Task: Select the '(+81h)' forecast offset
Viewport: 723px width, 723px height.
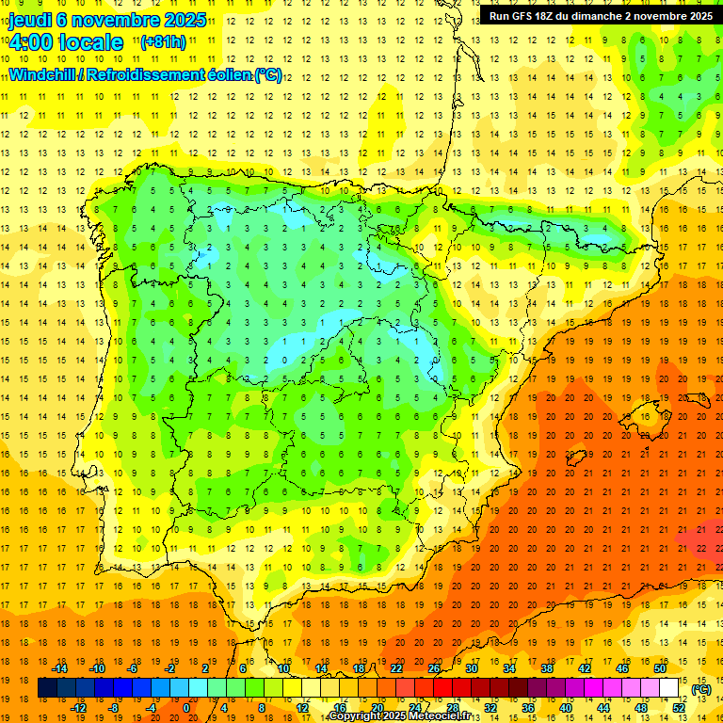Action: [163, 42]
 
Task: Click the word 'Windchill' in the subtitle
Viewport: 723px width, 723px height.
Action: [43, 74]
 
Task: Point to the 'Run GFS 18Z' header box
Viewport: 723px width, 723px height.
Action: [601, 15]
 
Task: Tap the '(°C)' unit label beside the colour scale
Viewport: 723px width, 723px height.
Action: [700, 689]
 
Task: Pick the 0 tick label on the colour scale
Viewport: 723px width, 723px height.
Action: [185, 708]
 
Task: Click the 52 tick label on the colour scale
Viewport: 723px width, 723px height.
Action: [679, 708]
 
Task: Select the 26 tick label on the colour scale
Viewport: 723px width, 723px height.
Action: [434, 668]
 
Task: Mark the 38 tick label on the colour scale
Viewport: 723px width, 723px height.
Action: [546, 668]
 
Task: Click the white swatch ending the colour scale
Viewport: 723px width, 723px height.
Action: [669, 688]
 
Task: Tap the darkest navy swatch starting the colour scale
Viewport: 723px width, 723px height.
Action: [47, 688]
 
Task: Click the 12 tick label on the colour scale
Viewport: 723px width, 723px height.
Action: [302, 708]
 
